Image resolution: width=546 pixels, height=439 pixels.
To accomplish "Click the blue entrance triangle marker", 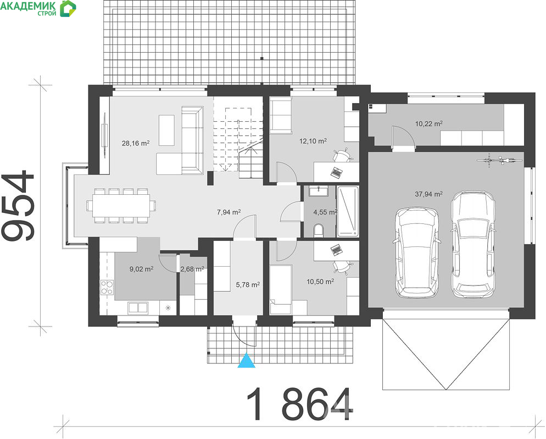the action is (x=246, y=361).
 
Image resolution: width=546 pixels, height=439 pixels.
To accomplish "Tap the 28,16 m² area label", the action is (x=136, y=143).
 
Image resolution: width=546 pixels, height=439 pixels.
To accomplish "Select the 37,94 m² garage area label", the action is (x=428, y=194).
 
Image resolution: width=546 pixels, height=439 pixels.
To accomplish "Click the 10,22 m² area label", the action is (x=428, y=123).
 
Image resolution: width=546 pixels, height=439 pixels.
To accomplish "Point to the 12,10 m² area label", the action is (x=313, y=141).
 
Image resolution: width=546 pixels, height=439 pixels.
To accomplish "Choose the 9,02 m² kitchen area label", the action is (x=141, y=269).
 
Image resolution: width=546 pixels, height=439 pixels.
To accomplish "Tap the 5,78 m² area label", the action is (x=248, y=285).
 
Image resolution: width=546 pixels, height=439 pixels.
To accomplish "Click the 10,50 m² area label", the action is (x=320, y=282).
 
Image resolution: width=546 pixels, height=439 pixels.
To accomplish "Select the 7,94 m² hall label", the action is (x=229, y=212).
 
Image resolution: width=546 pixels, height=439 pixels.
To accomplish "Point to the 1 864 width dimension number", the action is (x=300, y=404).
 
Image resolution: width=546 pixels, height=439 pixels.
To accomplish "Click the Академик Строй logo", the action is (x=38, y=8).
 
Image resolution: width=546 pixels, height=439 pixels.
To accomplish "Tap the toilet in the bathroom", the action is (x=318, y=230).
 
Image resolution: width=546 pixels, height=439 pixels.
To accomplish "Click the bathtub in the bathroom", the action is (x=348, y=211).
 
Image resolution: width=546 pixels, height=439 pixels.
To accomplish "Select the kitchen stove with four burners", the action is (x=107, y=288).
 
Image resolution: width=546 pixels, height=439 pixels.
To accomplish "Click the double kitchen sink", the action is (x=138, y=307).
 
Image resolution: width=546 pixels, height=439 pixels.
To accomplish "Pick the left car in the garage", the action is (x=416, y=252).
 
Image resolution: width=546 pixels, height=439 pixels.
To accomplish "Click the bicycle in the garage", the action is (x=500, y=160).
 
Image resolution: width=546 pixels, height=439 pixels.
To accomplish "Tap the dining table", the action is (x=121, y=206).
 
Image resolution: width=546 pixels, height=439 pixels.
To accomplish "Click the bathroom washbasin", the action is (x=318, y=192).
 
